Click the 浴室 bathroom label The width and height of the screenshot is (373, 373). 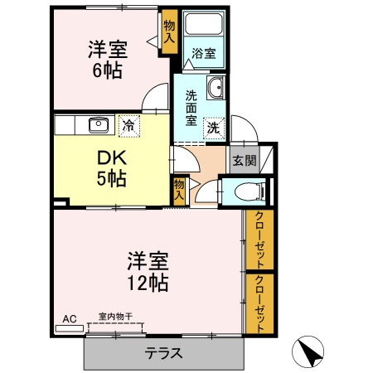(204, 54)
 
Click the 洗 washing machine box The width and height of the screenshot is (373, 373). (213, 128)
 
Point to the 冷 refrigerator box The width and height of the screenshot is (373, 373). (128, 126)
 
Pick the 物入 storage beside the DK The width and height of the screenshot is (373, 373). (179, 188)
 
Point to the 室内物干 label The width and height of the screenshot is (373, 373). (115, 316)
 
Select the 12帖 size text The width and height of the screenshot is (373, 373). (148, 283)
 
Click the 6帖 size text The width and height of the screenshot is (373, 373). (107, 70)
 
